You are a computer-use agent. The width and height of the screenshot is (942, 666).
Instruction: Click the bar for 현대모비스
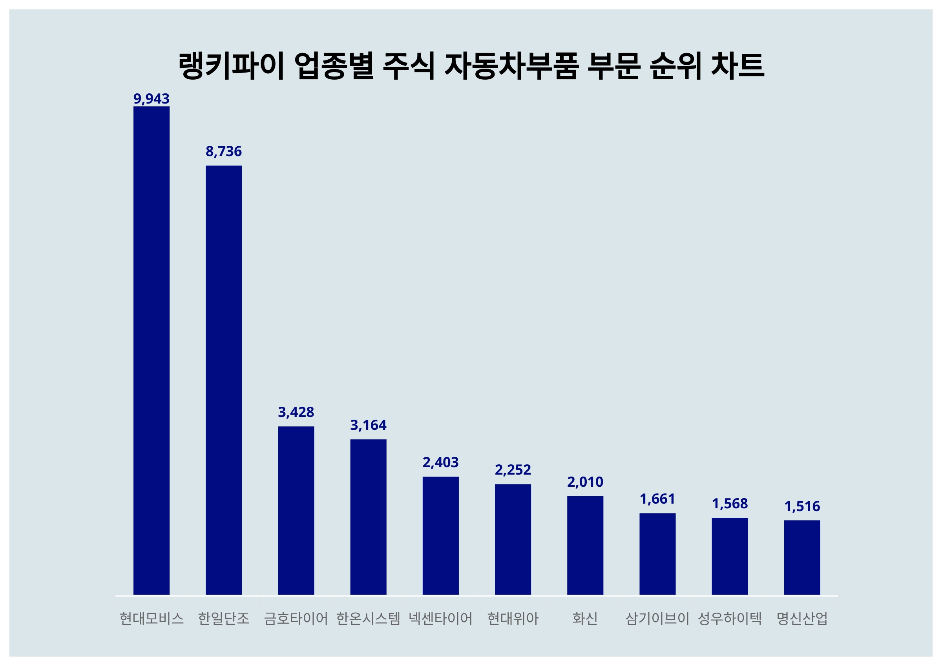pyautogui.click(x=152, y=351)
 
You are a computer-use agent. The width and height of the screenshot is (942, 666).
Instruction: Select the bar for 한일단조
pyautogui.click(x=224, y=380)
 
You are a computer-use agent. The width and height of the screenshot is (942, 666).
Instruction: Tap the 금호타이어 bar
pyautogui.click(x=296, y=511)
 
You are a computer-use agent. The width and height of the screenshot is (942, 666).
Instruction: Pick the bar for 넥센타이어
pyautogui.click(x=441, y=536)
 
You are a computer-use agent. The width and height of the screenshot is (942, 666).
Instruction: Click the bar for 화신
pyautogui.click(x=585, y=546)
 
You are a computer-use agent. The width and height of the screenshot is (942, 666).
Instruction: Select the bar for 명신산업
pyautogui.click(x=802, y=557)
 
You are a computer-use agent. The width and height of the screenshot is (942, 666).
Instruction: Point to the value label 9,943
pyautogui.click(x=152, y=99)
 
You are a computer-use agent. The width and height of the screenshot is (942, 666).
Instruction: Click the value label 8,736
pyautogui.click(x=224, y=151)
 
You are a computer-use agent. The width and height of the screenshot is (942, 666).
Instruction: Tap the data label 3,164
pyautogui.click(x=368, y=425)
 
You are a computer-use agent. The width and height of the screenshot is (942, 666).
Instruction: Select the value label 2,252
pyautogui.click(x=513, y=470)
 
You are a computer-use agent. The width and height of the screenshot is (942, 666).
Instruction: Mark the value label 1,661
pyautogui.click(x=657, y=499)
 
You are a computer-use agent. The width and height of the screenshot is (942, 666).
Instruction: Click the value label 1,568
pyautogui.click(x=730, y=504)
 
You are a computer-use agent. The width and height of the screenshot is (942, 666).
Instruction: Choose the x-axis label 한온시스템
pyautogui.click(x=368, y=619)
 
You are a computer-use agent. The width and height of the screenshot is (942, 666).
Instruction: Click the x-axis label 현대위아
pyautogui.click(x=513, y=619)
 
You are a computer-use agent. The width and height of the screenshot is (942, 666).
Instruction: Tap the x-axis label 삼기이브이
pyautogui.click(x=657, y=619)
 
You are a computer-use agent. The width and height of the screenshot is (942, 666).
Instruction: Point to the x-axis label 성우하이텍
pyautogui.click(x=730, y=619)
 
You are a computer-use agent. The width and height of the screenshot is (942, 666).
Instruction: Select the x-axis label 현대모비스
pyautogui.click(x=152, y=619)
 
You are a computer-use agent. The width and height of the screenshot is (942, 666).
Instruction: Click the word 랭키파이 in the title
pyautogui.click(x=232, y=66)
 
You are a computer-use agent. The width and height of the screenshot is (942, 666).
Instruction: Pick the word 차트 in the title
pyautogui.click(x=737, y=66)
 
